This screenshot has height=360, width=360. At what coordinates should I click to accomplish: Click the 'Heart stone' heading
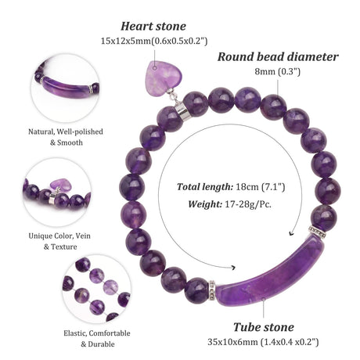(x=153, y=27)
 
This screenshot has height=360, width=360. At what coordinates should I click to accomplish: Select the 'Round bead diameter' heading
(x=278, y=57)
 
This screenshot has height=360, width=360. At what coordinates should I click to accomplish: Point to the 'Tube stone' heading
(x=263, y=327)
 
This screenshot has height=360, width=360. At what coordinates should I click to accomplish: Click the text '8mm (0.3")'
(x=278, y=71)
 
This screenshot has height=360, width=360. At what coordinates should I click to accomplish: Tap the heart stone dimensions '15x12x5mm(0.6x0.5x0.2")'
(x=154, y=41)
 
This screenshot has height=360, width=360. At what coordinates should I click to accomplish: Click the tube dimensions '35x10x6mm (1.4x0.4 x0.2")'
(x=263, y=342)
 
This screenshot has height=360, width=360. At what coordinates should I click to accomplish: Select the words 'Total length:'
(x=205, y=187)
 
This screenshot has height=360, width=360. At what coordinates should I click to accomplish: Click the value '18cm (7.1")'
(x=260, y=187)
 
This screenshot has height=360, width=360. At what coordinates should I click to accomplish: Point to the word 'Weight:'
(x=205, y=204)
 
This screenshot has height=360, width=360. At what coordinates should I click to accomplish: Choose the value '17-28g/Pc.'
(x=248, y=204)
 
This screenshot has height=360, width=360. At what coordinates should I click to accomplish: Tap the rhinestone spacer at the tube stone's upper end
(x=317, y=232)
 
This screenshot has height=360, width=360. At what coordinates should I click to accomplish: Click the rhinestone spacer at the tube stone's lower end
(x=212, y=290)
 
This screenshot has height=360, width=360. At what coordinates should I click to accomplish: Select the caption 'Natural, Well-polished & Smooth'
(x=66, y=137)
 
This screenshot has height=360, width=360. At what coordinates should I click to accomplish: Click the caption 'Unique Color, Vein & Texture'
(x=59, y=241)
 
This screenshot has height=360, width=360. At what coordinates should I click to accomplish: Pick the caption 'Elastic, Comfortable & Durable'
(x=97, y=339)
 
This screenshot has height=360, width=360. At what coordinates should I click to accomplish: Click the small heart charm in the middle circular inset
(x=59, y=184)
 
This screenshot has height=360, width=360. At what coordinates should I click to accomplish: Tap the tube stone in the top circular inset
(x=66, y=87)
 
